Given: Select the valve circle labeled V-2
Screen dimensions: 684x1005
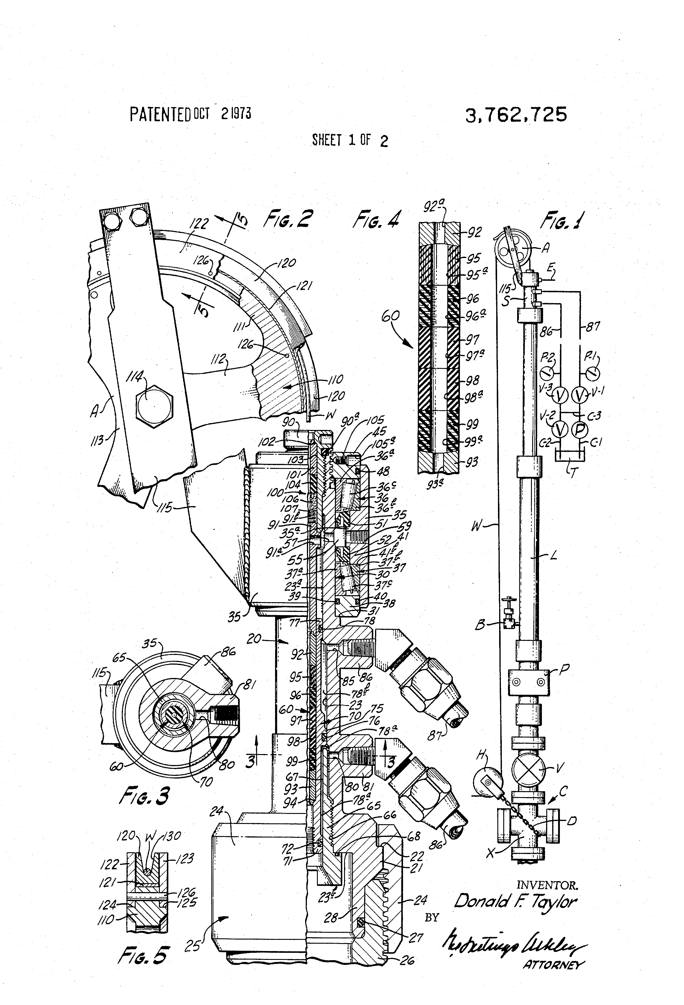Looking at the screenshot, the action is [560, 429].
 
